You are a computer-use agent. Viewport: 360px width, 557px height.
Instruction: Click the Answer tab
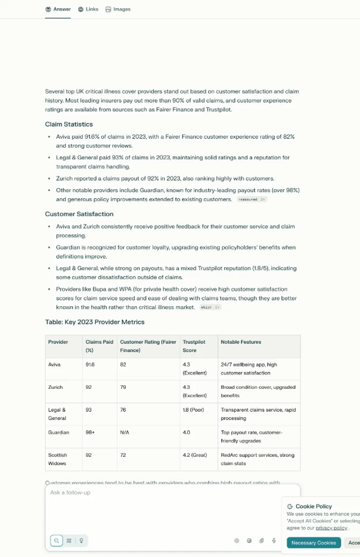click(58, 9)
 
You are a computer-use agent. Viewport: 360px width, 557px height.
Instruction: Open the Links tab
click(88, 9)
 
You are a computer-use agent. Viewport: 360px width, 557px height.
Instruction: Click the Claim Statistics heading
click(69, 124)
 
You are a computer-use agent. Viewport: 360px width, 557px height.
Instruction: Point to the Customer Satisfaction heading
click(79, 214)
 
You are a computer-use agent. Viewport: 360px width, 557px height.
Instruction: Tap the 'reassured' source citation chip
click(251, 199)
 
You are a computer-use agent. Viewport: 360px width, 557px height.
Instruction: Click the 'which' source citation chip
click(210, 307)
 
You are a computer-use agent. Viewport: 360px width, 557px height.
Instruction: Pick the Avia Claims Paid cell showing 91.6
click(90, 364)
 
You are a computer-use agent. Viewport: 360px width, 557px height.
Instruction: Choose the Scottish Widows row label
click(57, 459)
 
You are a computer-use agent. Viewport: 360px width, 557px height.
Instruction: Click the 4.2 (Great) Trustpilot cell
click(194, 455)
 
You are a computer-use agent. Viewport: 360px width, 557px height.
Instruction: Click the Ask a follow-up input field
click(169, 493)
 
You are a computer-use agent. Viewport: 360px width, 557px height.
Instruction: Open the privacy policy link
click(332, 528)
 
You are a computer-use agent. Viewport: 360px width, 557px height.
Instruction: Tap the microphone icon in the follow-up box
click(274, 541)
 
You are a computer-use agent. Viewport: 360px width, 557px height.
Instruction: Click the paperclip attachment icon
click(262, 541)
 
